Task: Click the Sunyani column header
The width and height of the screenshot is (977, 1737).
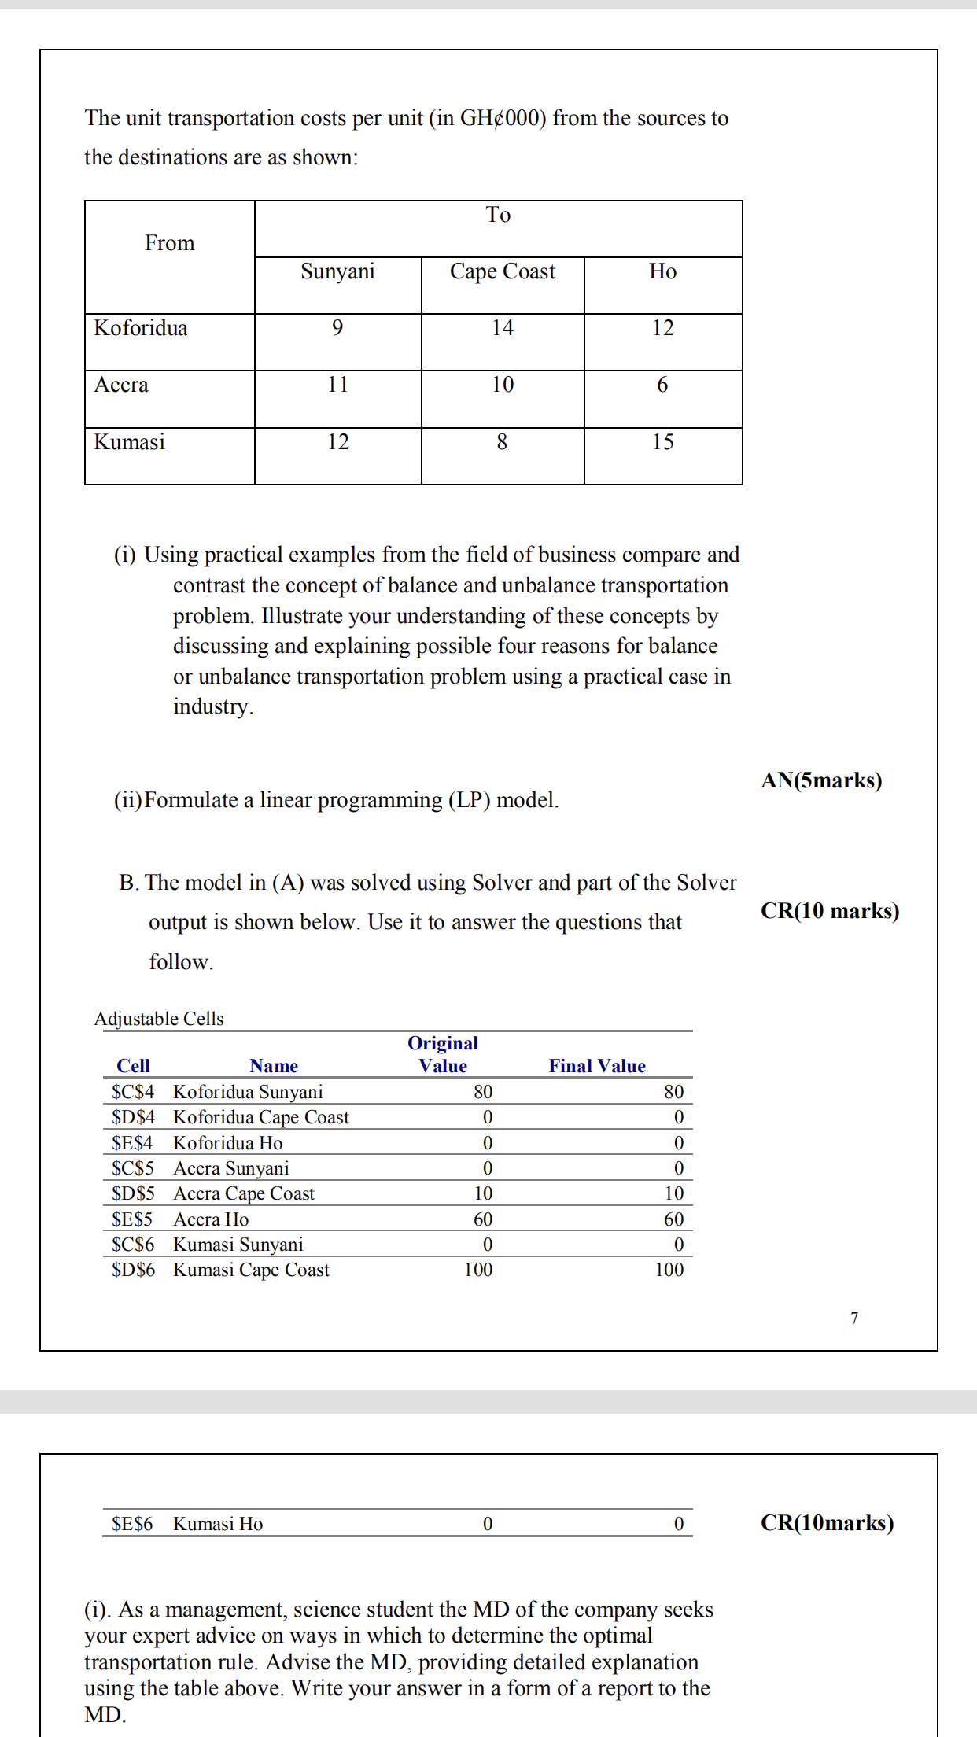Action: (x=337, y=271)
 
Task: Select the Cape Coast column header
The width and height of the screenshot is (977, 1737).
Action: (x=502, y=271)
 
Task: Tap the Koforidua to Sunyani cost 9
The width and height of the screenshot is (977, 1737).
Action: (x=337, y=328)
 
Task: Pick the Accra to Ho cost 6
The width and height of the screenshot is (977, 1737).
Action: (x=662, y=385)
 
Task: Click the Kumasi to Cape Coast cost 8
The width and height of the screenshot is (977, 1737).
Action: (x=502, y=442)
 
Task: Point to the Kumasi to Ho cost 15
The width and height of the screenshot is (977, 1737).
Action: (x=662, y=442)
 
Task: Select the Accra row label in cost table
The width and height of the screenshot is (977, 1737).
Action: (x=121, y=385)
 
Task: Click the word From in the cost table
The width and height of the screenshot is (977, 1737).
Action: (x=169, y=243)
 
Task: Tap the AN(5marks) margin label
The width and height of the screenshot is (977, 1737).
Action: (x=821, y=780)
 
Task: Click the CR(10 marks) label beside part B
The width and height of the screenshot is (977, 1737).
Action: (x=829, y=911)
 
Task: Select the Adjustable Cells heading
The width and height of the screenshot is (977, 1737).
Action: (x=159, y=1019)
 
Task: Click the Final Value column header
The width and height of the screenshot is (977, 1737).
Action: (x=596, y=1066)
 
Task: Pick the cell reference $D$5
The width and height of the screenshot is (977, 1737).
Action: (x=133, y=1193)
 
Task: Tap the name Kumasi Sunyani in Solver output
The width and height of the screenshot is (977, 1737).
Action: (x=238, y=1245)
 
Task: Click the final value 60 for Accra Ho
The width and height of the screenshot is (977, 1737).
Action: (x=673, y=1219)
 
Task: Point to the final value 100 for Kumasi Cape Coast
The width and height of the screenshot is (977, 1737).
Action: (x=669, y=1270)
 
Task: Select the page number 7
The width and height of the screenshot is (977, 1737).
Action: (x=854, y=1318)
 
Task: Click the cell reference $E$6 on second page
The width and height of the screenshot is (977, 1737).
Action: (x=132, y=1524)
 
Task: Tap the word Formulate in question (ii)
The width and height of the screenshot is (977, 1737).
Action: (x=191, y=800)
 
